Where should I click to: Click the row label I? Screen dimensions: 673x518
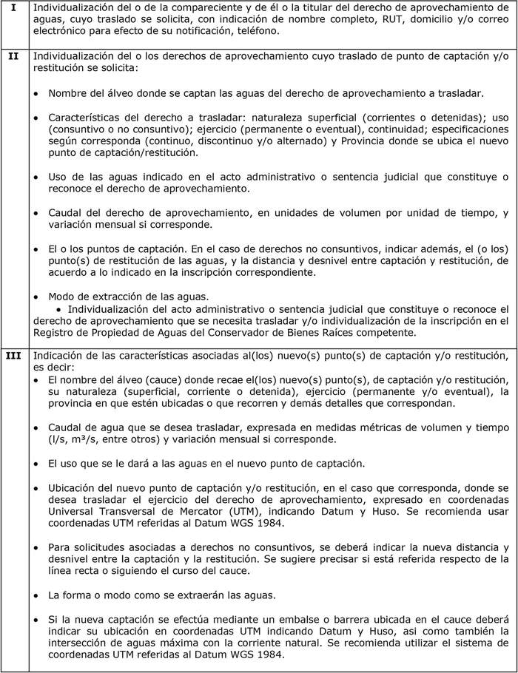tap(13, 7)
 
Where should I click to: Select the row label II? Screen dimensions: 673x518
tap(13, 55)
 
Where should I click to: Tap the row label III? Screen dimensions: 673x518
tap(13, 356)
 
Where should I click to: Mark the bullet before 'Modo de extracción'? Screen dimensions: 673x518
tap(38, 296)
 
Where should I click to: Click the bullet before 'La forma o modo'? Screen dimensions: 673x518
tap(38, 595)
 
